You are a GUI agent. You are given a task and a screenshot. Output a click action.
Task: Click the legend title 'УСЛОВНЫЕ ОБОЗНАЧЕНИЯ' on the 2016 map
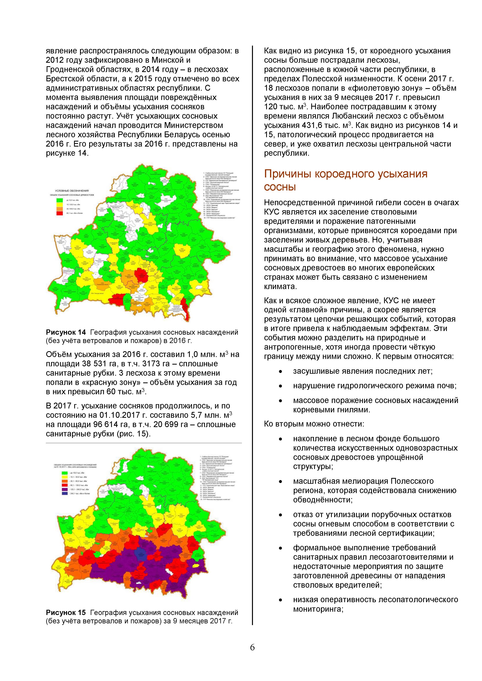72,191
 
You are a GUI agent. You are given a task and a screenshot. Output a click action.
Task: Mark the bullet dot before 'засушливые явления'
280,372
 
